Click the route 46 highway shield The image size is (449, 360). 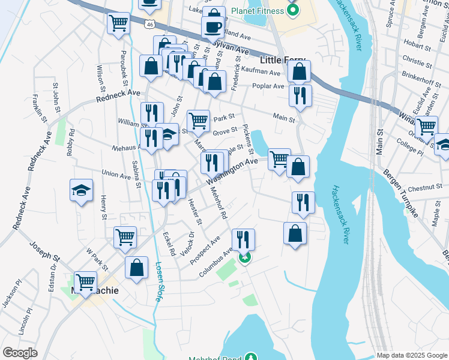(x=149, y=23)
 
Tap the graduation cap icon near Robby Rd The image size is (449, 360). (x=82, y=191)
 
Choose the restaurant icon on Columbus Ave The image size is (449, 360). (x=243, y=239)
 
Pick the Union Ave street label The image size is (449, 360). (x=116, y=175)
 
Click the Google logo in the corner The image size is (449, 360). (x=20, y=353)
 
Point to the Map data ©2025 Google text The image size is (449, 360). (x=411, y=355)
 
